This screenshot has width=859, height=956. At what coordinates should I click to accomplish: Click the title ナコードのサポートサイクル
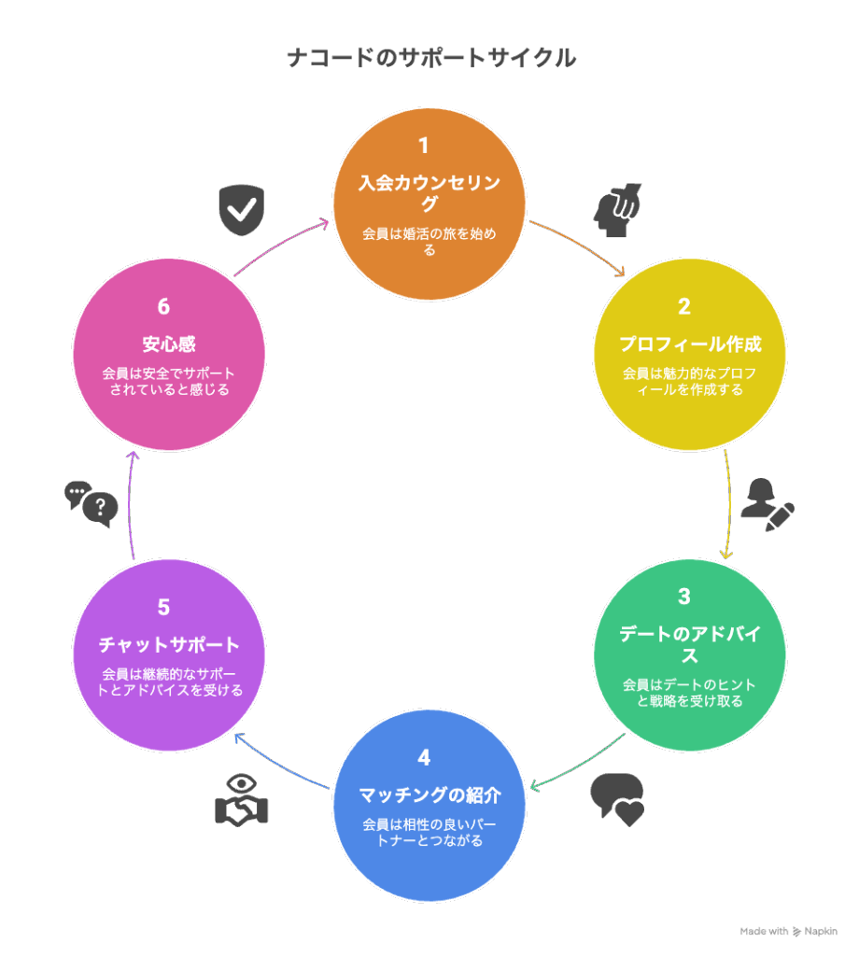coord(431,58)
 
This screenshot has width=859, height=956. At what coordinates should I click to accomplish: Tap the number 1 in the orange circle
coord(424,145)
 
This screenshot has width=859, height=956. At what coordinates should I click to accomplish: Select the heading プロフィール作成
coord(690,344)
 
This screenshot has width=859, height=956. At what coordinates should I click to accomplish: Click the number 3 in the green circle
coord(684,597)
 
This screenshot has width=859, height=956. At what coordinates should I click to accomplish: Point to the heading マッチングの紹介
coord(429,795)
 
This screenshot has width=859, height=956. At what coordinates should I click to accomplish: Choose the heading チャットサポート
coord(169,644)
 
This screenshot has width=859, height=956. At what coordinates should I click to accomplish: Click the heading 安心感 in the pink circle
coord(169,344)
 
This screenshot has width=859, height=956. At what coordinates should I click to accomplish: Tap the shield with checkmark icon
coord(242,210)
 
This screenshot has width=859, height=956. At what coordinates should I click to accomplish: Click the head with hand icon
coord(617,210)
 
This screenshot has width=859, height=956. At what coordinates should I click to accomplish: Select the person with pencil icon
coord(767,505)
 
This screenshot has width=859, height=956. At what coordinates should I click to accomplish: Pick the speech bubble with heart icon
coord(617,800)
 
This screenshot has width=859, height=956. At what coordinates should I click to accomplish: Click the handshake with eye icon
coord(242,800)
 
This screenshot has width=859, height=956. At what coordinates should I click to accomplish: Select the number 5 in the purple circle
coord(163,607)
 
